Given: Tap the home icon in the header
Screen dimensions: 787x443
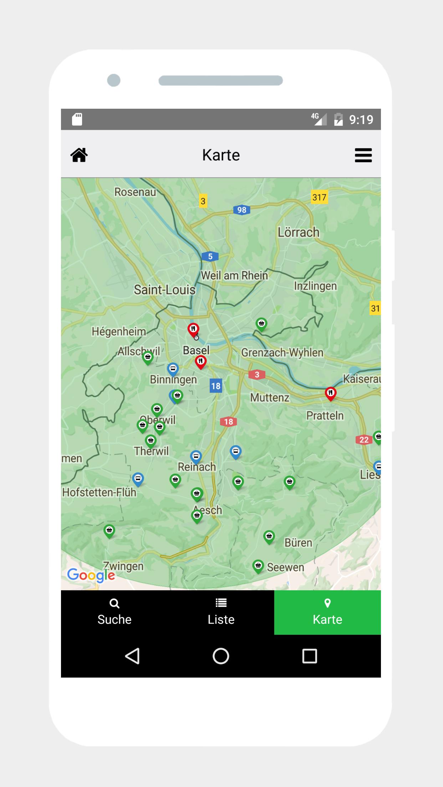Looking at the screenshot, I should click(x=79, y=155).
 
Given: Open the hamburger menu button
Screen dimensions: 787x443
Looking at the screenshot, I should click(x=363, y=155).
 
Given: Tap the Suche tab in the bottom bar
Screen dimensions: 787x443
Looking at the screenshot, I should click(x=114, y=612).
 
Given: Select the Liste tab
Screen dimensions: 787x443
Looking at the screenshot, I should click(x=221, y=612).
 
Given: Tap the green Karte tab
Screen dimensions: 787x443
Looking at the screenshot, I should click(x=327, y=612).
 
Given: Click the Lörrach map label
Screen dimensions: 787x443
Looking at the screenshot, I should click(x=299, y=232).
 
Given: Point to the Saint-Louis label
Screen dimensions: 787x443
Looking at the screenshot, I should click(x=164, y=290).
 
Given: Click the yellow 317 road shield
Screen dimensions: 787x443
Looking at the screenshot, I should click(x=319, y=197).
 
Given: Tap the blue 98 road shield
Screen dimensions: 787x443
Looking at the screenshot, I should click(x=241, y=210).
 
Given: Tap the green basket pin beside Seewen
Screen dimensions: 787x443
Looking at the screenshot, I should click(x=258, y=566).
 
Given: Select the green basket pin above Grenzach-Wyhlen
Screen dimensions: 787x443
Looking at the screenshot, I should click(x=261, y=324).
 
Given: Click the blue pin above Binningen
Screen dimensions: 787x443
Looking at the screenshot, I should click(x=173, y=369).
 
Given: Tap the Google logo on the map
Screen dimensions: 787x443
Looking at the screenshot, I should click(x=91, y=575).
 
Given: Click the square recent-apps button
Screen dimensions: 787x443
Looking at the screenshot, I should click(x=309, y=656).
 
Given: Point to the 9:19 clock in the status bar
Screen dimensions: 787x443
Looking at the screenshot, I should click(x=361, y=119).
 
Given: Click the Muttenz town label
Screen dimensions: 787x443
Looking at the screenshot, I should click(x=270, y=397).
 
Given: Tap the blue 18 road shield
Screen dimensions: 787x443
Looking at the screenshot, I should click(x=216, y=386).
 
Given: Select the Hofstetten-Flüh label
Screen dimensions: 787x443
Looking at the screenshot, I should click(x=99, y=492).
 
